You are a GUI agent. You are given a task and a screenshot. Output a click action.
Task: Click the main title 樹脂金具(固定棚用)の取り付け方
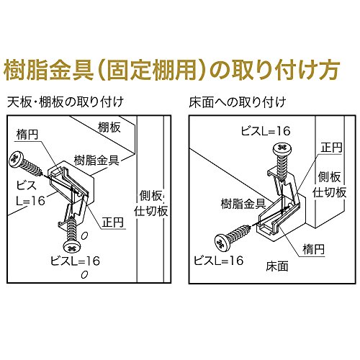(x=171, y=70)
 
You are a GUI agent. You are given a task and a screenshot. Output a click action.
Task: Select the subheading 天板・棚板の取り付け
(x=66, y=102)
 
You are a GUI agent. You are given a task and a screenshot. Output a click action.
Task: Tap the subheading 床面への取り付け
(x=238, y=102)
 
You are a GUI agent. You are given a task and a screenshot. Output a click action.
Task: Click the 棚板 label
(x=109, y=127)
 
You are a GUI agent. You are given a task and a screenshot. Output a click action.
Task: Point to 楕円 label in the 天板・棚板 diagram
(x=27, y=135)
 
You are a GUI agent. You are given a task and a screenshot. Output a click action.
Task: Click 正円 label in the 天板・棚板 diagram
(x=113, y=222)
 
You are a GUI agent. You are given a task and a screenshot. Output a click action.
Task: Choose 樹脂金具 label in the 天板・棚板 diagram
(x=96, y=161)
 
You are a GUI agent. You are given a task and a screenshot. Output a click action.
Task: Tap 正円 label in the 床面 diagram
(x=332, y=148)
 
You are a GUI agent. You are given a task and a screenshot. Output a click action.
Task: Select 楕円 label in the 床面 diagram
(x=313, y=249)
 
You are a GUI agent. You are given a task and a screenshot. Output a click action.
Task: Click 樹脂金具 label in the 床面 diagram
(x=243, y=204)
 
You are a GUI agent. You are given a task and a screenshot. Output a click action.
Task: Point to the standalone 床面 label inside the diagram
(x=277, y=266)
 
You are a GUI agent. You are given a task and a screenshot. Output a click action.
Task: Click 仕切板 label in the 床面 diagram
(x=329, y=192)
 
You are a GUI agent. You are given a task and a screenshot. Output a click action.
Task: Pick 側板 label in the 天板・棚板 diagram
(x=150, y=196)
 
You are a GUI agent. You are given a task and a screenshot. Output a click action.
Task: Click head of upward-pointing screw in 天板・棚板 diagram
(x=71, y=246)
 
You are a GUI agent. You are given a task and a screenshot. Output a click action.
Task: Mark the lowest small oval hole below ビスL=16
(x=84, y=274)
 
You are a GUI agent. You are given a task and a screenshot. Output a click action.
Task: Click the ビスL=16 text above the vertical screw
(x=266, y=131)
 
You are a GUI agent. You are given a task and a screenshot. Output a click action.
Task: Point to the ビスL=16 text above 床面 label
(x=218, y=261)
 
